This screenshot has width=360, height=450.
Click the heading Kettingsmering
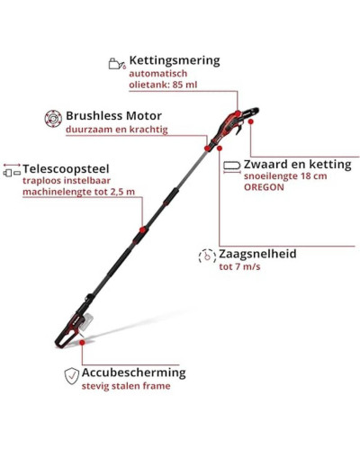[175, 60]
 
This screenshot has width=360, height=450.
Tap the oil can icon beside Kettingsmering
[117, 63]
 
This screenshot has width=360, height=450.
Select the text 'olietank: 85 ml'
[163, 85]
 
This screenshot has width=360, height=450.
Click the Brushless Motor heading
[113, 116]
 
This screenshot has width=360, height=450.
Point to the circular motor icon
[53, 119]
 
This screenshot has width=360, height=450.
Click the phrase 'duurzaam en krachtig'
[117, 130]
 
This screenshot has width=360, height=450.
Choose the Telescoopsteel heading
[66, 169]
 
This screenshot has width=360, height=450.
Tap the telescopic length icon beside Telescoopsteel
[12, 169]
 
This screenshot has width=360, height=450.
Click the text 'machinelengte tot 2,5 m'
[78, 192]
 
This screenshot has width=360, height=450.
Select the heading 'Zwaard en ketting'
[297, 165]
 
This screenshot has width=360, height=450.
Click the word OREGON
[264, 187]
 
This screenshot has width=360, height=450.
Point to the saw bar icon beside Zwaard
[232, 166]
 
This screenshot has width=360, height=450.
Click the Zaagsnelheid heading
[257, 254]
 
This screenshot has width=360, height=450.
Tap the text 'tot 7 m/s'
[239, 266]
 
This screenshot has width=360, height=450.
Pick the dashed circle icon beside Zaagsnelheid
[207, 256]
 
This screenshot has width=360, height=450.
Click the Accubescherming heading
[134, 373]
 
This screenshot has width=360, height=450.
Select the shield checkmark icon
[72, 376]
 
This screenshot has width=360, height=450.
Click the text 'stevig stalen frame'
[126, 386]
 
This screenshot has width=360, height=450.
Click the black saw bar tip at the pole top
[256, 111]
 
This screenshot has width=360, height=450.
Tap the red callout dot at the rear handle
[82, 342]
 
